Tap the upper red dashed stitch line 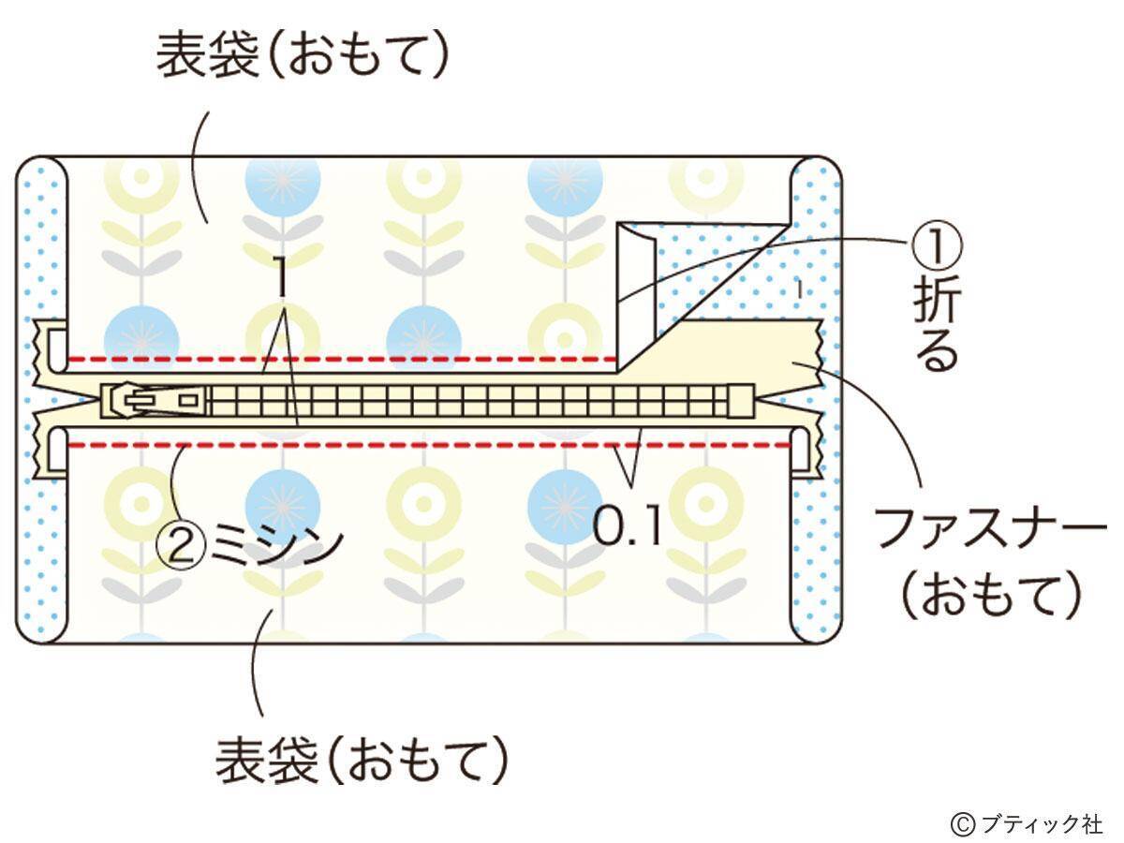pos(337,360)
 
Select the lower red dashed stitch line pos(421,444)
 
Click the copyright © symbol pos(962,823)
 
